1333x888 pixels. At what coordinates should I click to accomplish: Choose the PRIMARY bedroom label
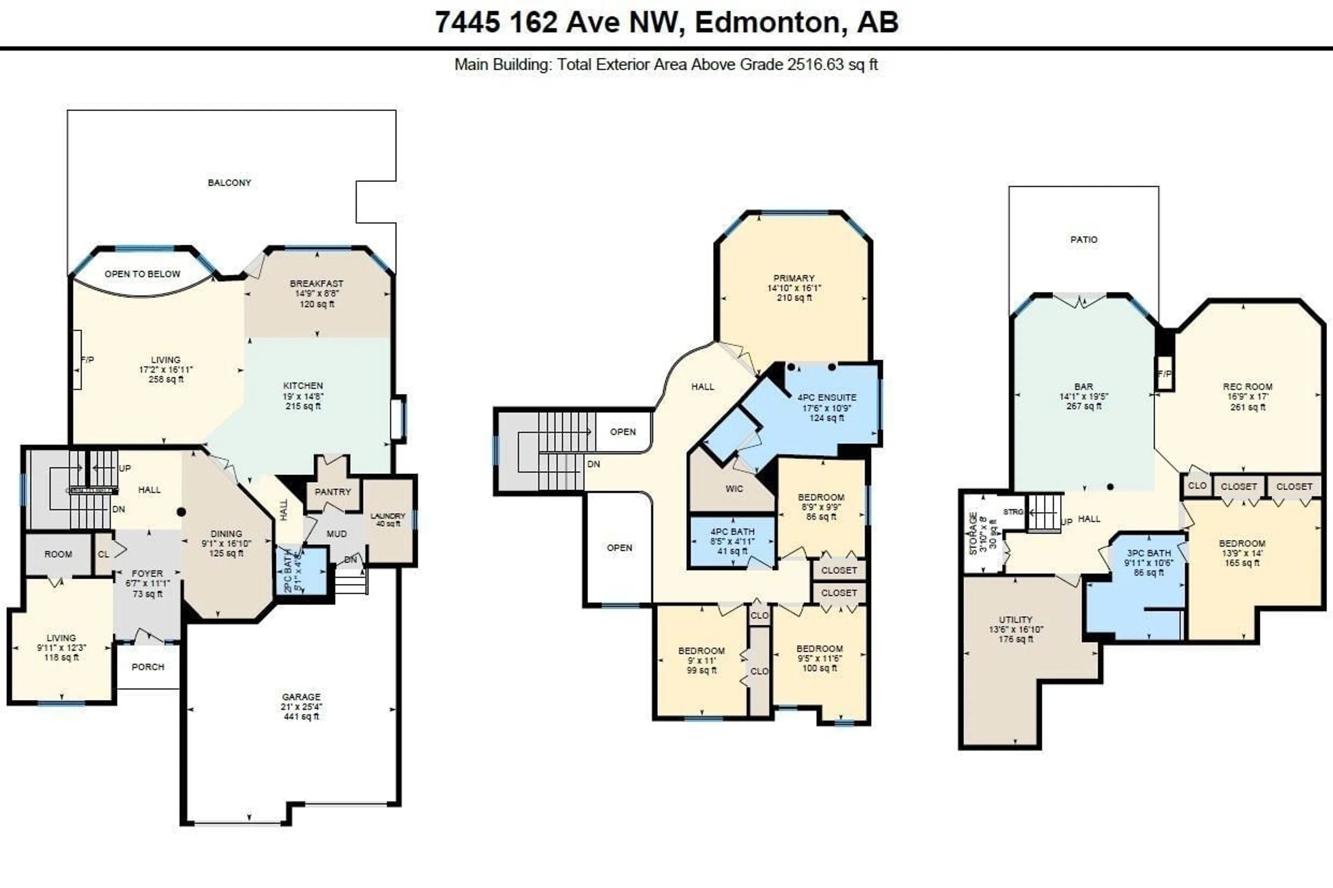coord(794,278)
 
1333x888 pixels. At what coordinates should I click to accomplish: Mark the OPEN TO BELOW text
coord(142,273)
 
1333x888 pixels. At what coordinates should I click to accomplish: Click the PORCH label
coord(148,667)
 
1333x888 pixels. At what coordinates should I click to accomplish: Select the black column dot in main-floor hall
coord(181,512)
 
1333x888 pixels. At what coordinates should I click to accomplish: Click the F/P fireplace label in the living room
coord(87,360)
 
